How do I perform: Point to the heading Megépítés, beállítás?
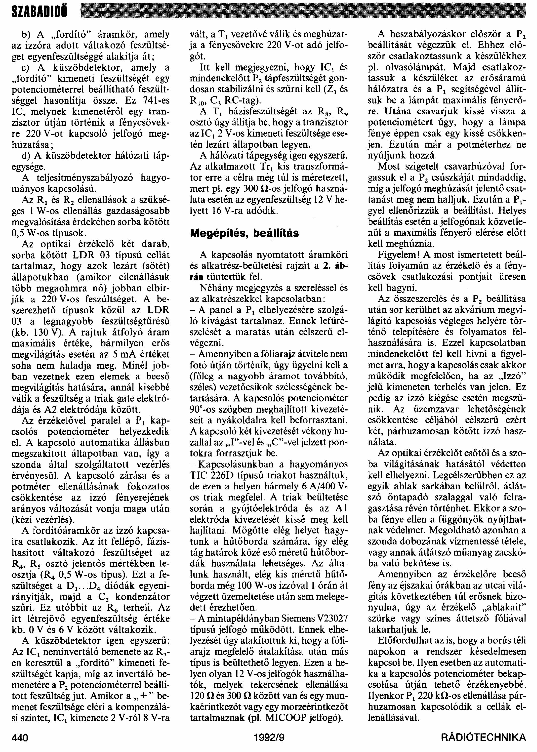(x=244, y=233)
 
